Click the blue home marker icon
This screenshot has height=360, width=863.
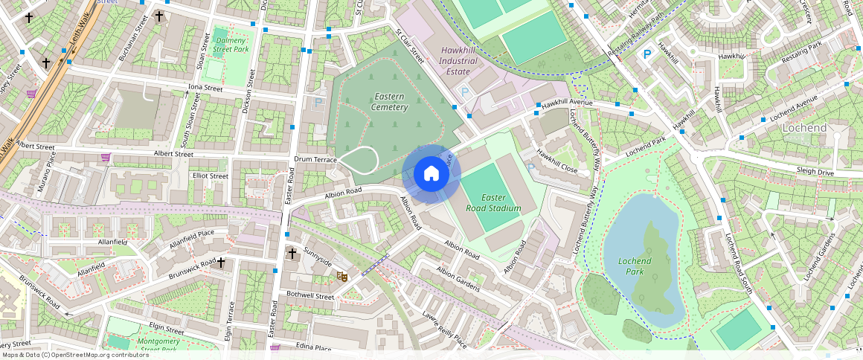[x=431, y=175]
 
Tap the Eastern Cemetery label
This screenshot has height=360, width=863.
[x=391, y=102]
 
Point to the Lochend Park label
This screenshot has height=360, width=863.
[x=635, y=266]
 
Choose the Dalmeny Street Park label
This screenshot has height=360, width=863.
[x=230, y=44]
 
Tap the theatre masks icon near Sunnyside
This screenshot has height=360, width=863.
[x=342, y=276]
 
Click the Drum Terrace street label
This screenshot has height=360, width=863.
[x=315, y=160]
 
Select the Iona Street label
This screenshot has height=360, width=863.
[x=205, y=88]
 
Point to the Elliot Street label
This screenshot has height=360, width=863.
[x=211, y=176]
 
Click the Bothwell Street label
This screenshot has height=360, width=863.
[x=310, y=296]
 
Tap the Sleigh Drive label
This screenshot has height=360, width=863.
[x=815, y=172]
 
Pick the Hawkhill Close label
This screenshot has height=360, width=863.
[x=557, y=160]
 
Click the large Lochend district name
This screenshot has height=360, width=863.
[x=804, y=128]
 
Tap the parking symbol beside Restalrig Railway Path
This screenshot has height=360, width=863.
[x=647, y=54]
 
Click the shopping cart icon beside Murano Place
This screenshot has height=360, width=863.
[x=106, y=158]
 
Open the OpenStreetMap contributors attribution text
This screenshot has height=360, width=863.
[x=74, y=355]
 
